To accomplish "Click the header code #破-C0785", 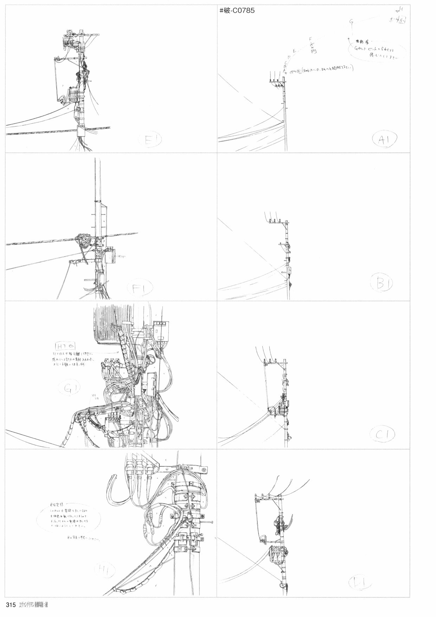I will (237, 11).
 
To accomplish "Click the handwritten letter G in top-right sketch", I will (351, 21).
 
